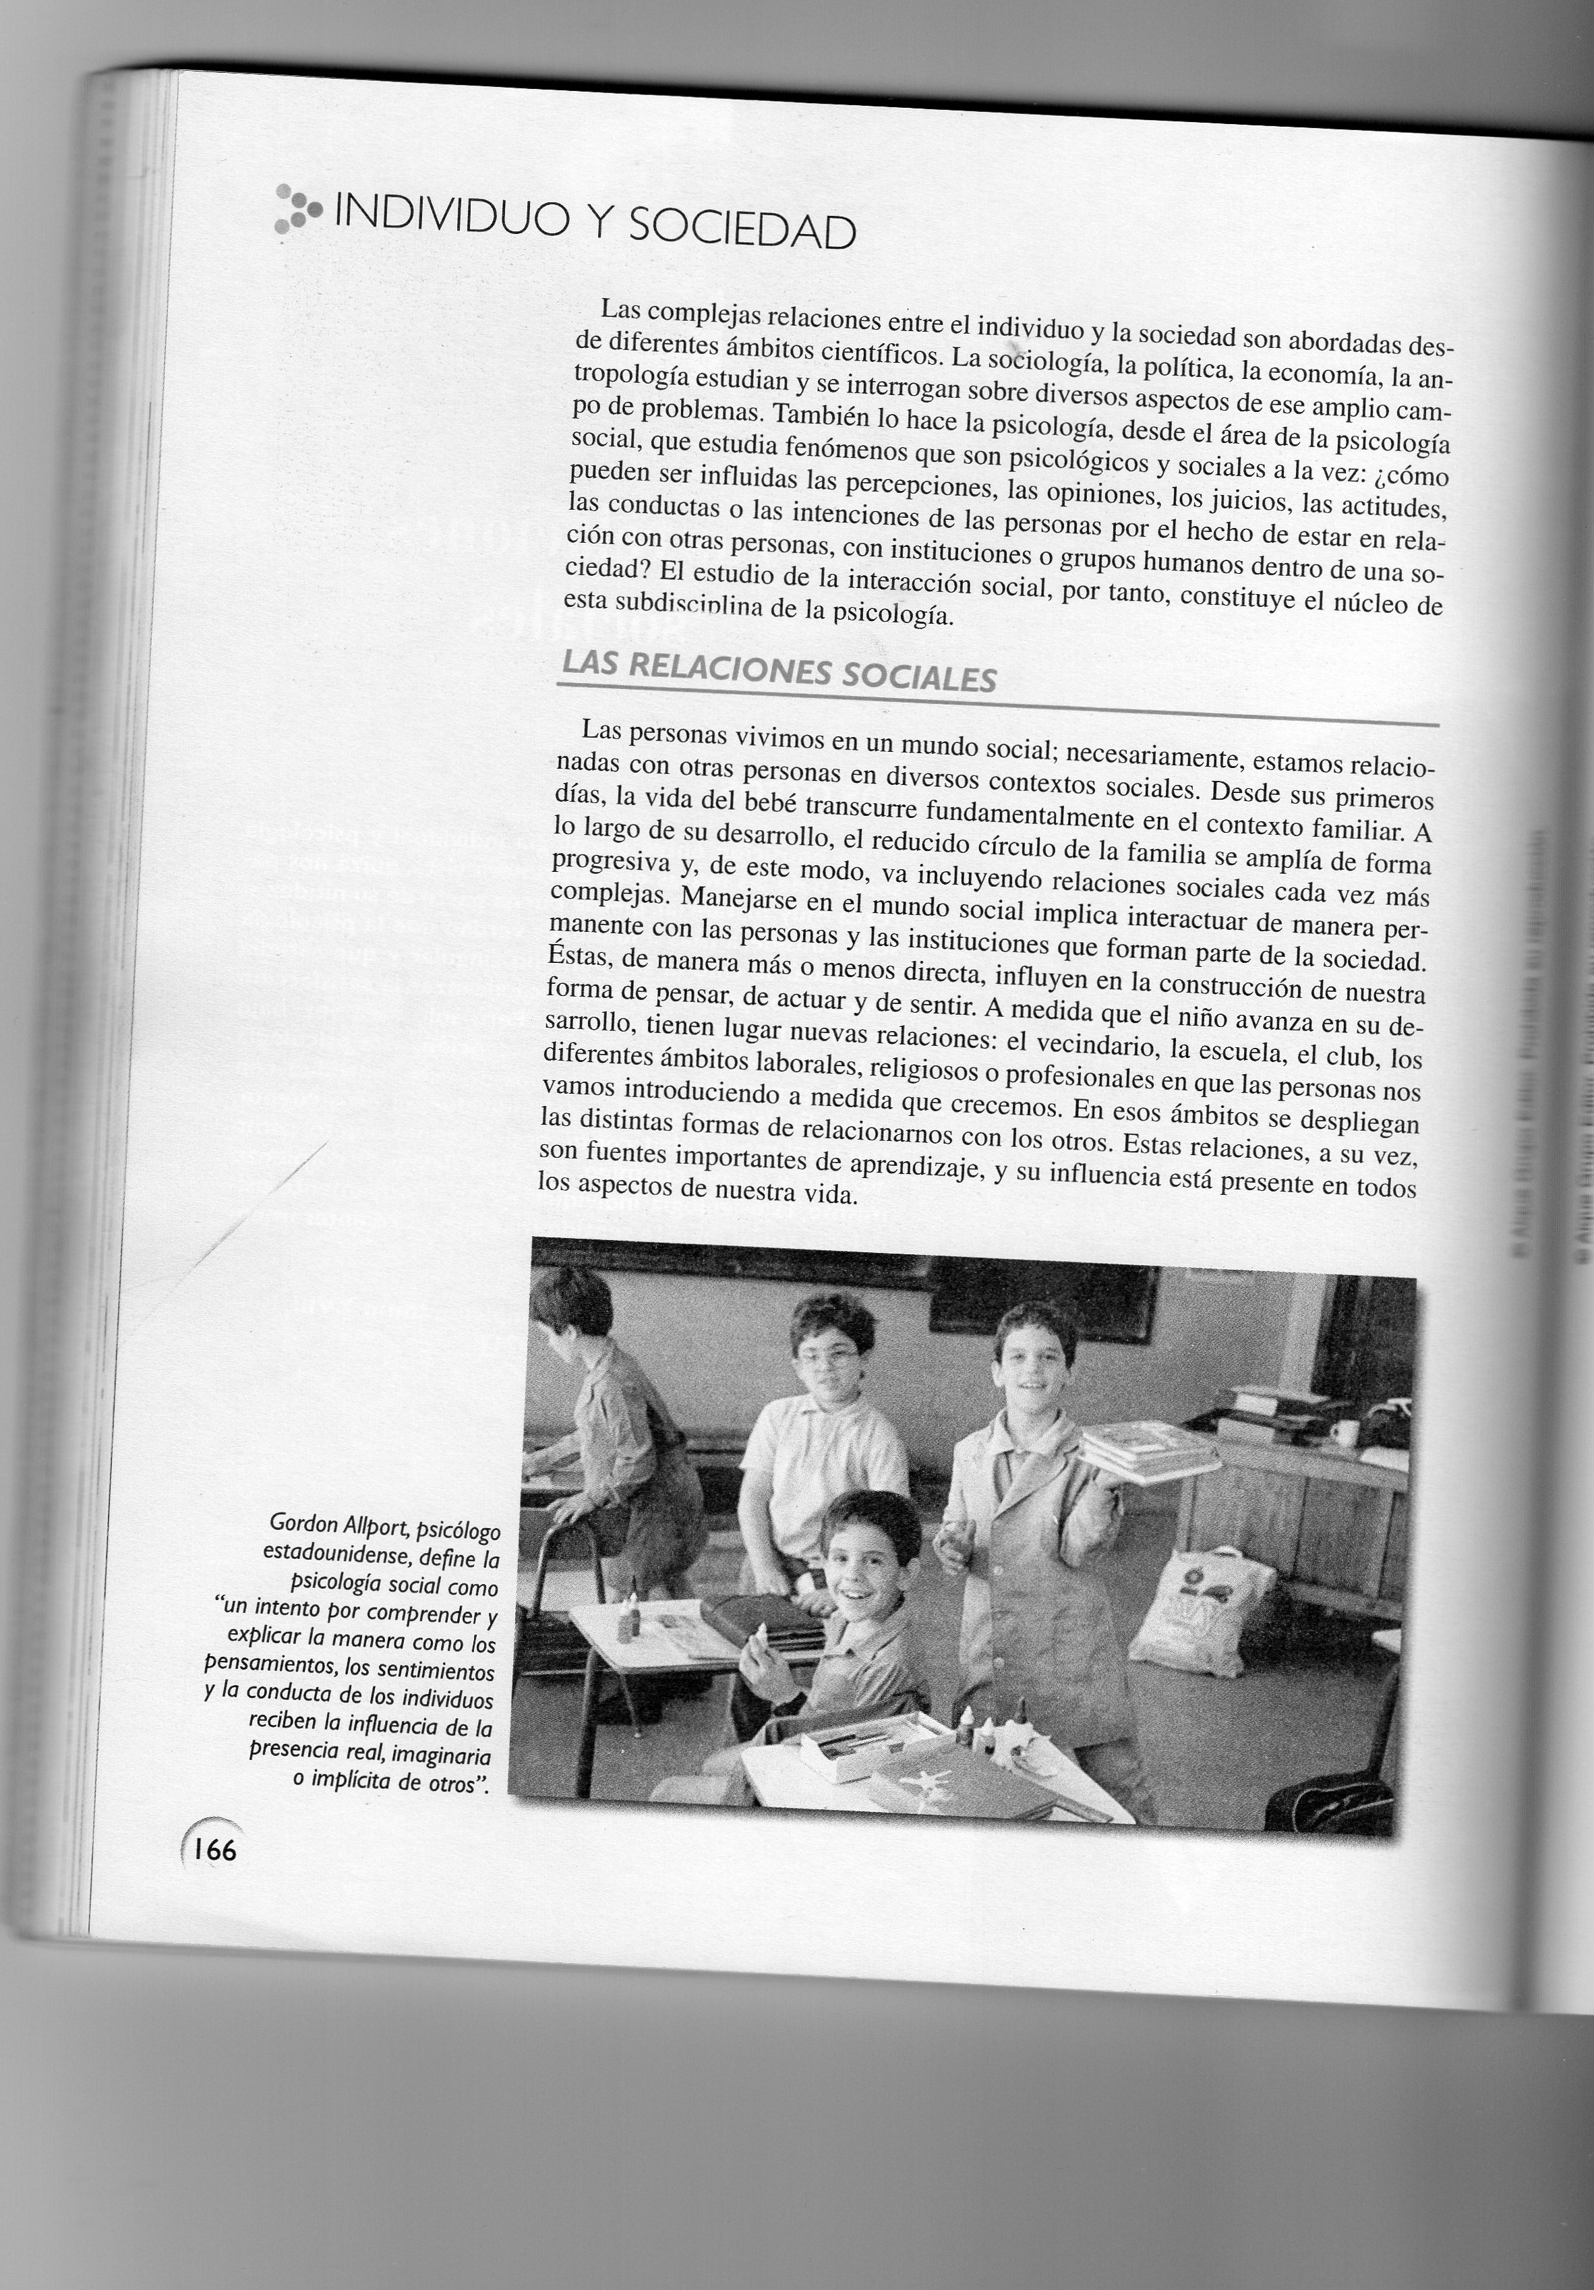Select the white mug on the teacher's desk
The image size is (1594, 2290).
[x=1344, y=1433]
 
